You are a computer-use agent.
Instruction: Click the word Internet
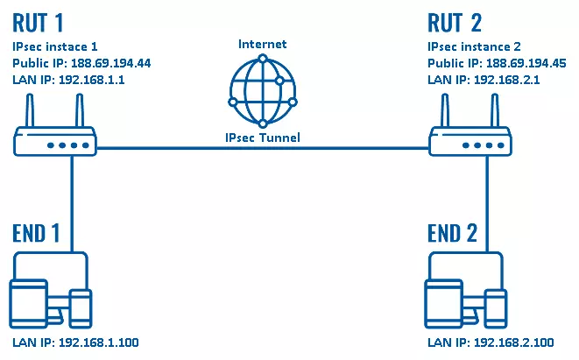(x=263, y=44)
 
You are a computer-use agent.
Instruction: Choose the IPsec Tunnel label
(x=263, y=138)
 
